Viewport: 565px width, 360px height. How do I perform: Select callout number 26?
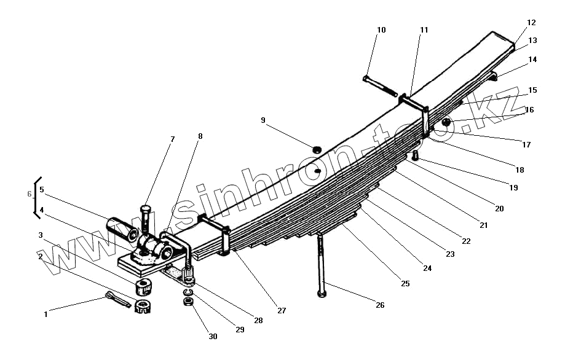[x=380, y=305]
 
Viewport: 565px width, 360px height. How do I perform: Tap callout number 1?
[x=45, y=315]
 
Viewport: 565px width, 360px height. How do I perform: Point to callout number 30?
[x=213, y=337]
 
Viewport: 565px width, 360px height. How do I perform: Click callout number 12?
[x=531, y=23]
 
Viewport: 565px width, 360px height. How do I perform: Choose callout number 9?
[x=263, y=120]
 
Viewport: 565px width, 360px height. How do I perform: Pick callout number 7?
[x=173, y=139]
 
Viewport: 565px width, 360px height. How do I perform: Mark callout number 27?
[x=282, y=311]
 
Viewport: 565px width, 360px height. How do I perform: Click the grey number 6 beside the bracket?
[x=29, y=194]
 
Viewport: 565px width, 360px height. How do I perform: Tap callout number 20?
[x=499, y=209]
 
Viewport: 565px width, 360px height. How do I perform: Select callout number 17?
[x=526, y=145]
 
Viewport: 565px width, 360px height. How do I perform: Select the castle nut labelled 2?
[x=144, y=305]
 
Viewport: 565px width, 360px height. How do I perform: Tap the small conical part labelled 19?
[x=416, y=156]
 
